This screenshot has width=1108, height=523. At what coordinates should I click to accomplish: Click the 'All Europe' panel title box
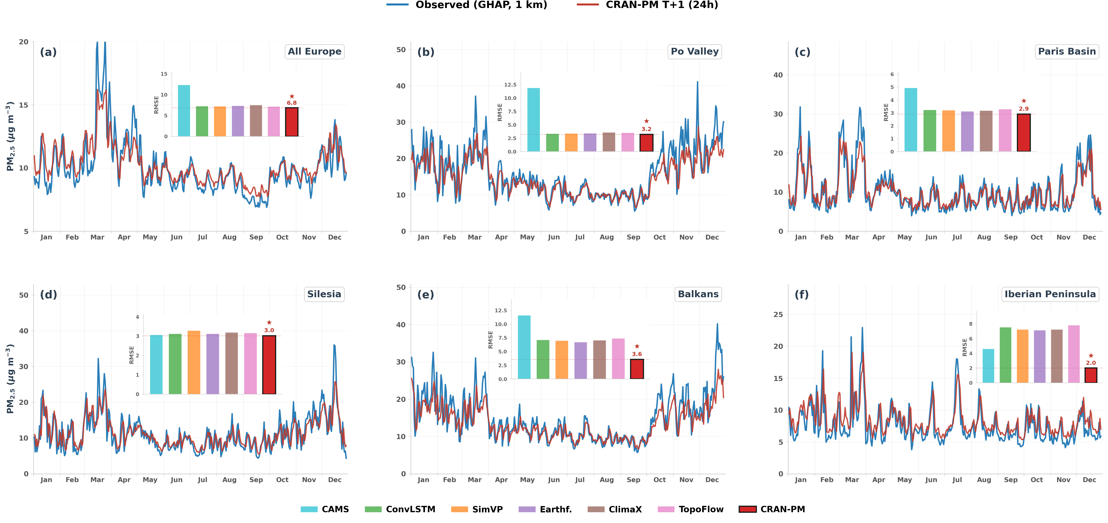click(314, 52)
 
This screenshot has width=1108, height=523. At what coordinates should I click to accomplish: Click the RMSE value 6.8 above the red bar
click(292, 103)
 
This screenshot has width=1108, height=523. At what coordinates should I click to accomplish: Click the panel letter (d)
click(49, 295)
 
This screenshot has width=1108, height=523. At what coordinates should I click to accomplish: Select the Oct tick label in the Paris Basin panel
click(1037, 237)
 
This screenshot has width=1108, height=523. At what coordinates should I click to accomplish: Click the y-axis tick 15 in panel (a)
click(24, 105)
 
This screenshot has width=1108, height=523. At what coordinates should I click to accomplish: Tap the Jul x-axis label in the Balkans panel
click(580, 480)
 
